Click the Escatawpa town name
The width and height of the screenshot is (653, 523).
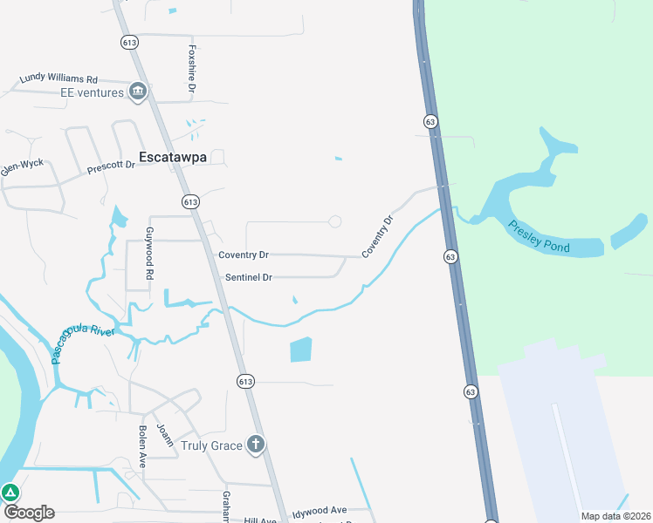pos(175,158)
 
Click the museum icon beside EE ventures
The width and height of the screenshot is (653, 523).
pos(137,92)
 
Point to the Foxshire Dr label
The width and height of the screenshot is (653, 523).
pos(191,69)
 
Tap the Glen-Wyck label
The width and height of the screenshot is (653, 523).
pos(22,166)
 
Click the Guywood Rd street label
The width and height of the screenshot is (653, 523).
pos(149,253)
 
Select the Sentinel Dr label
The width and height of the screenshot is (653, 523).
pos(249,277)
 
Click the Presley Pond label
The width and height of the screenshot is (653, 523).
pos(539,236)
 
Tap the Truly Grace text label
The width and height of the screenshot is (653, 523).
pos(210,445)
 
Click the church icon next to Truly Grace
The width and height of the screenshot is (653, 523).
pos(255,445)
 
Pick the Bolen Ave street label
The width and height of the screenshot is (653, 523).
pos(142,447)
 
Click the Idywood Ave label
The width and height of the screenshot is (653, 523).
pos(320,510)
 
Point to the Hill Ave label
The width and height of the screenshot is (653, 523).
pos(259,520)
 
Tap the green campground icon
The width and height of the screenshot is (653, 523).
pos(10,492)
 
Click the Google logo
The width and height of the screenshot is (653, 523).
pos(28,513)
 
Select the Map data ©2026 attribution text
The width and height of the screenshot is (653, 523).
pos(615,516)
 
